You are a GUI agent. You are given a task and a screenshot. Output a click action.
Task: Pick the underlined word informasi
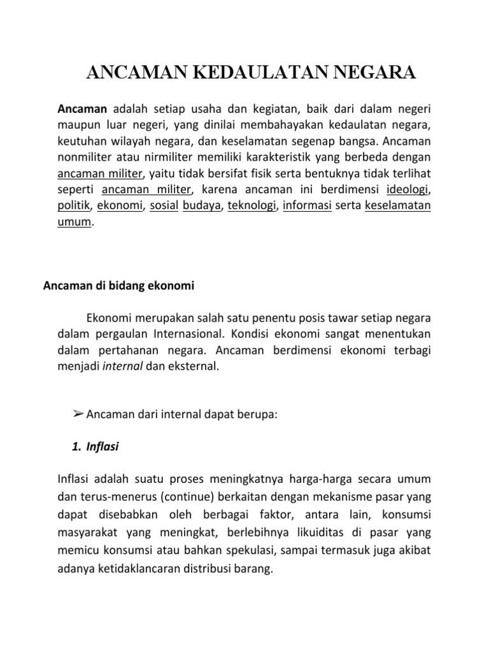(x=308, y=206)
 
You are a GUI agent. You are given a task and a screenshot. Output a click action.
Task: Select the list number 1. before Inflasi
(x=79, y=448)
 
